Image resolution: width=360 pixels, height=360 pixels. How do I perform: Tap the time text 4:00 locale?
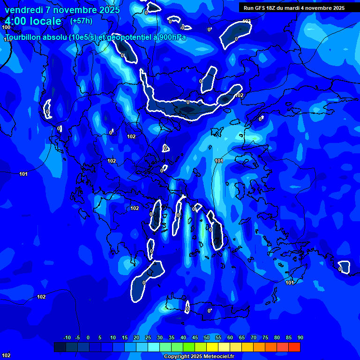(x=33, y=21)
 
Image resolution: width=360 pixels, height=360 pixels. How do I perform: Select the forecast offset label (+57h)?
(x=81, y=21)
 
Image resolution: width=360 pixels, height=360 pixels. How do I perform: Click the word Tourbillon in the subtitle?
(x=24, y=37)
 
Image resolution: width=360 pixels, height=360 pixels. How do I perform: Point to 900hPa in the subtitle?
(x=171, y=37)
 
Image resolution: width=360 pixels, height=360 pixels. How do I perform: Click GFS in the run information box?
(x=262, y=8)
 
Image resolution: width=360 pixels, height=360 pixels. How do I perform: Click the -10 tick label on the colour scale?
(x=67, y=338)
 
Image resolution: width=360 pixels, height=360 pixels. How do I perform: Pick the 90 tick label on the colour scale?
(x=300, y=338)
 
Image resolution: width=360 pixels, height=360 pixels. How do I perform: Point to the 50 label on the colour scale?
(x=207, y=338)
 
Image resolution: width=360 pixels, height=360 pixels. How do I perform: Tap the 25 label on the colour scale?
(x=148, y=338)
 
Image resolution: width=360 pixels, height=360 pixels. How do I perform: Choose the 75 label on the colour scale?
(x=265, y=338)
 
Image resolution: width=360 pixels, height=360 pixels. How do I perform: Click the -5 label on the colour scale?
(x=78, y=338)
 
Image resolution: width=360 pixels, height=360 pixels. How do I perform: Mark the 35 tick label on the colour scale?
(x=172, y=338)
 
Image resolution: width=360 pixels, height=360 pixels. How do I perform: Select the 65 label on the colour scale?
(x=242, y=338)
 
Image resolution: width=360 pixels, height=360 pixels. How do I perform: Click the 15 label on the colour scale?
(x=125, y=338)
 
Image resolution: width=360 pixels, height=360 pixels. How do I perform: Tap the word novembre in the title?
(x=73, y=10)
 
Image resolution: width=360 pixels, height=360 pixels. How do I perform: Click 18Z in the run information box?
(x=276, y=8)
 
